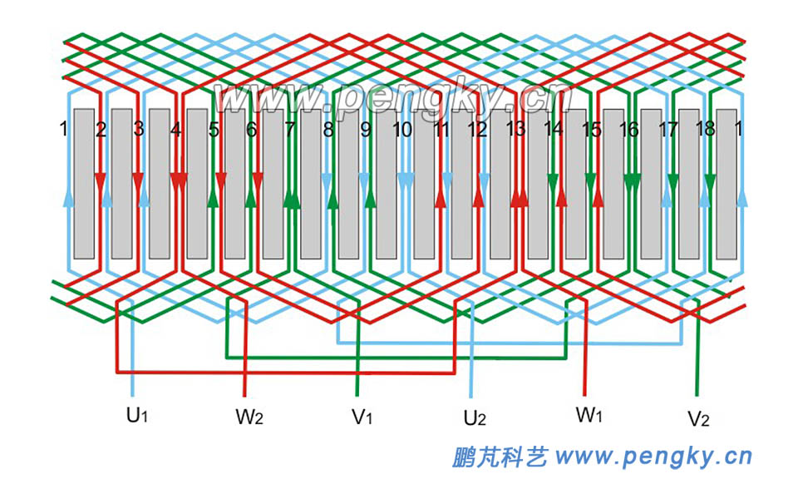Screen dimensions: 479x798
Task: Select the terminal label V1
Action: pos(361,417)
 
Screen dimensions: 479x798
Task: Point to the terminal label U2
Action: pos(475,417)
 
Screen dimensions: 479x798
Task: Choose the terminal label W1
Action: pos(588,414)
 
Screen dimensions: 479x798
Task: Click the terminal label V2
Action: pos(698,417)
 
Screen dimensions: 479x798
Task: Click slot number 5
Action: pos(214,130)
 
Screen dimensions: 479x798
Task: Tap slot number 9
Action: pos(365,130)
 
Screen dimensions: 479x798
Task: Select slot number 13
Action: pos(515,130)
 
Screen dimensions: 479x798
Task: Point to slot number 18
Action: pos(705,130)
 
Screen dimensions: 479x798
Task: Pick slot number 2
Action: pos(101,130)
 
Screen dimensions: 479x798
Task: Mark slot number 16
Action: pos(629,130)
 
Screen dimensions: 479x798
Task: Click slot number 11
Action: pos(441,130)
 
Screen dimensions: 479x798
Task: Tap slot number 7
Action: pos(289,130)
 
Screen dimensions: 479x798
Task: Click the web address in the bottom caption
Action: pos(653,456)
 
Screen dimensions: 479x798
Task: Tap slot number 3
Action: pos(138,130)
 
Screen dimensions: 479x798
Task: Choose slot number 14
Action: pos(553,130)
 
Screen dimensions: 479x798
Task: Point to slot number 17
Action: pos(667,130)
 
